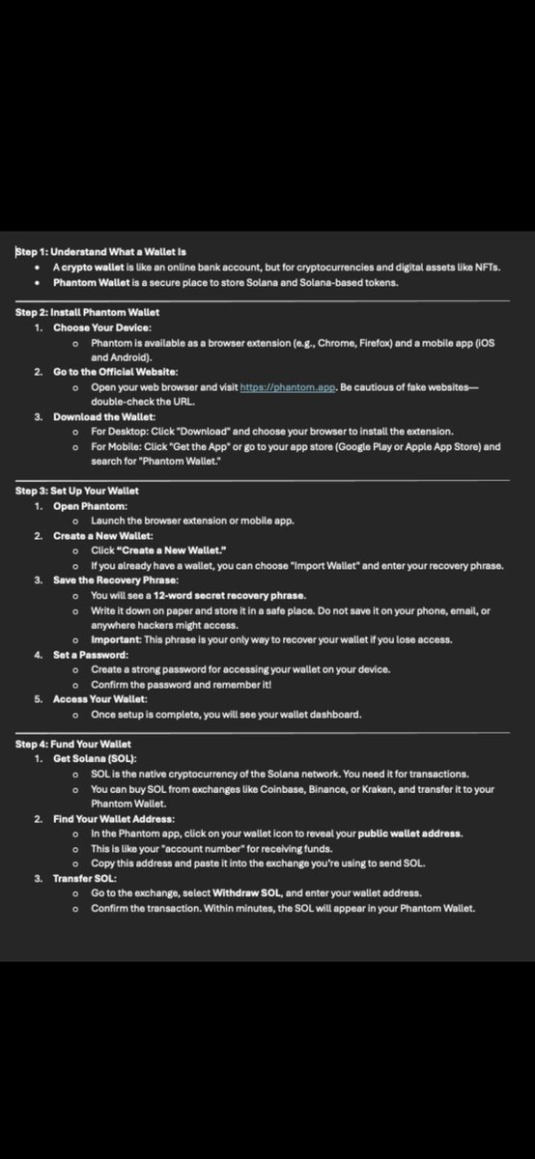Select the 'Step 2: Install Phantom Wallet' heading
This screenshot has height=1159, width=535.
pyautogui.click(x=88, y=312)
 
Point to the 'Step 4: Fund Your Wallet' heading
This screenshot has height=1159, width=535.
pyautogui.click(x=73, y=745)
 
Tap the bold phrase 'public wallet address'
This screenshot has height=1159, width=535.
pyautogui.click(x=410, y=834)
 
